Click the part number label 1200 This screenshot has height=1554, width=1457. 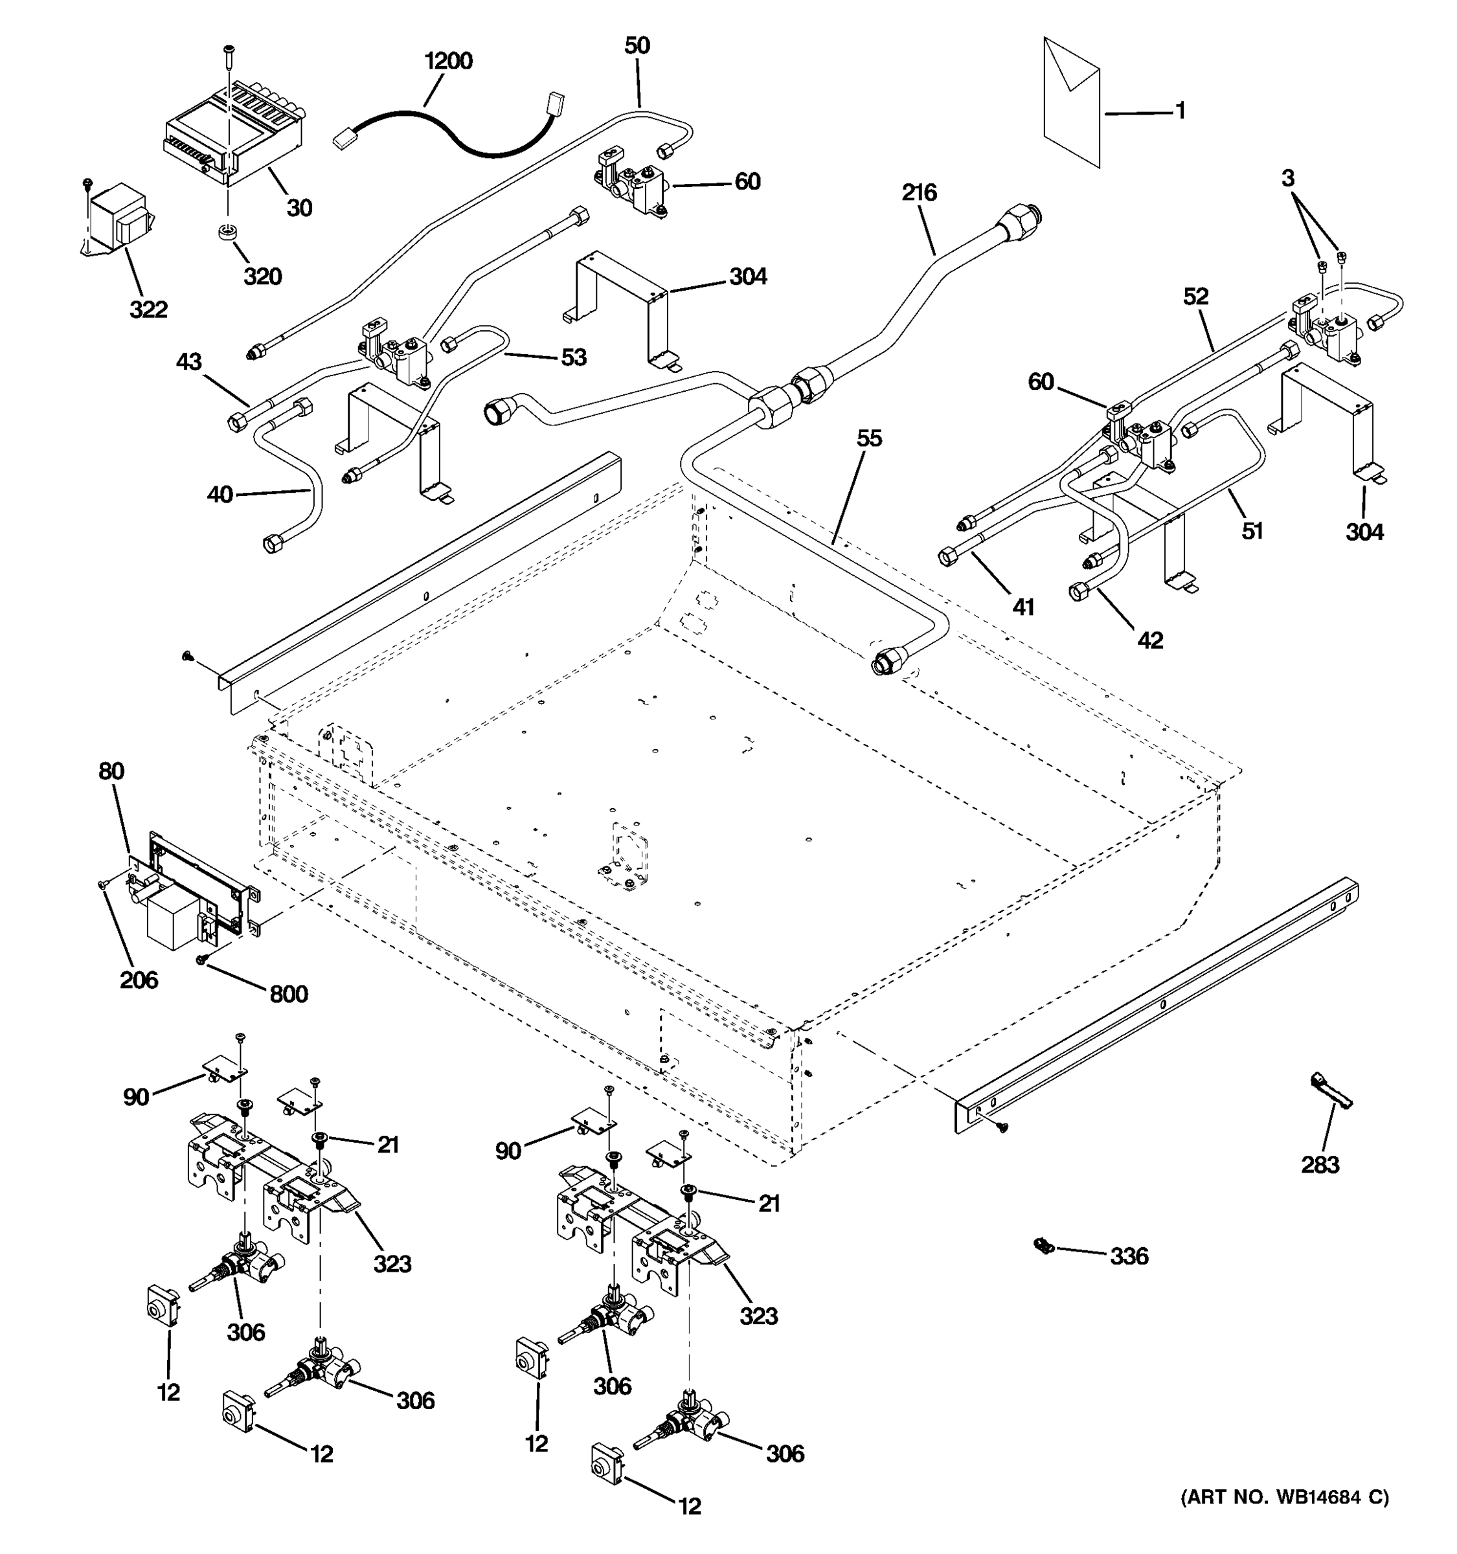[x=448, y=61]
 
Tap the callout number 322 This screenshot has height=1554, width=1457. [x=148, y=310]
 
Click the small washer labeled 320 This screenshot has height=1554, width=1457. [x=228, y=233]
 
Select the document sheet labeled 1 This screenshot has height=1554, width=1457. [x=1072, y=102]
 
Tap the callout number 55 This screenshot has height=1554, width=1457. [x=868, y=438]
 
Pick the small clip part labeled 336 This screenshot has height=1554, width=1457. [x=1041, y=1244]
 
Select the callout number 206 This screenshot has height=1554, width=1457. [x=139, y=980]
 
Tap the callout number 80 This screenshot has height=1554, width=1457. [x=111, y=772]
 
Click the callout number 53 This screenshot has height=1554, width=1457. [x=573, y=357]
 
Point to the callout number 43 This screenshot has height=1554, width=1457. [x=188, y=362]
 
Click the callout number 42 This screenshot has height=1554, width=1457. [x=1150, y=640]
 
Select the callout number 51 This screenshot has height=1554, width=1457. [x=1252, y=531]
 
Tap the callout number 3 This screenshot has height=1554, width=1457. [x=1287, y=178]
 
